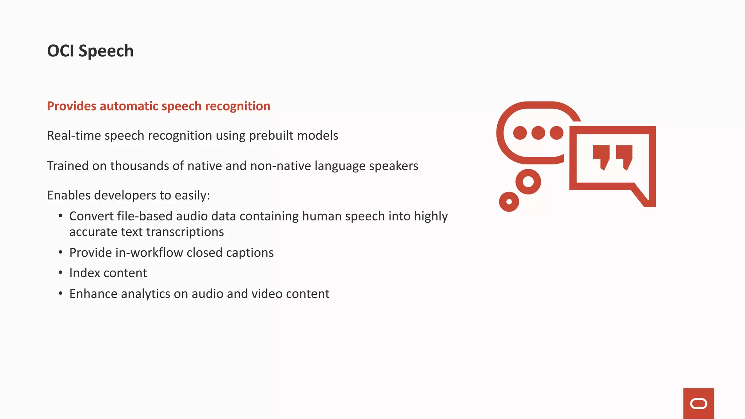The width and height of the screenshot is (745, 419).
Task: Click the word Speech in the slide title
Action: click(106, 51)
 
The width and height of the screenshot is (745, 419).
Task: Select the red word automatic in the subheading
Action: click(129, 106)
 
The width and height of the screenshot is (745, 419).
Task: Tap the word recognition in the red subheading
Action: click(238, 106)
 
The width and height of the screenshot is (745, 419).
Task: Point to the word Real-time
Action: click(74, 136)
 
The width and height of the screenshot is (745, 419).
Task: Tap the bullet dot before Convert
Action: click(60, 216)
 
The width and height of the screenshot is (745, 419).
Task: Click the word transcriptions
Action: click(185, 232)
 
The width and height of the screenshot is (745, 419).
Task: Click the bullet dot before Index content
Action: click(60, 273)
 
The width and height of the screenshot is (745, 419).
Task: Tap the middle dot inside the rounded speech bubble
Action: click(538, 133)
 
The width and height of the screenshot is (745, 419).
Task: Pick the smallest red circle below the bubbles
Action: click(509, 201)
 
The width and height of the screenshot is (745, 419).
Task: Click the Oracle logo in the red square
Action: click(698, 404)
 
